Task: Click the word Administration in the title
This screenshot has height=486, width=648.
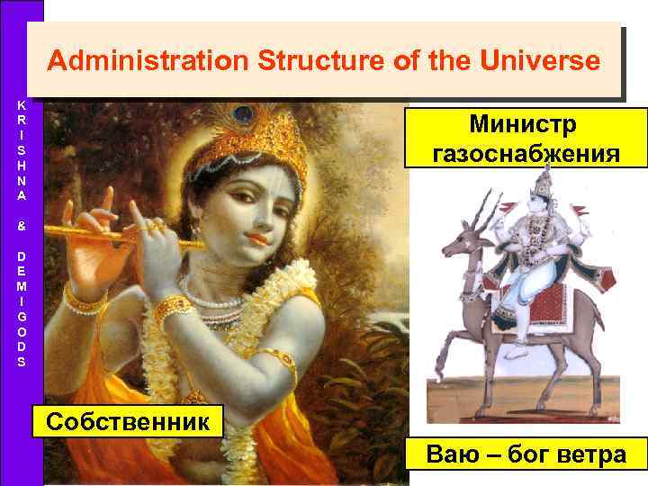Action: click(148, 61)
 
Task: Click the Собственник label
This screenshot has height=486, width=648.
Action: click(125, 422)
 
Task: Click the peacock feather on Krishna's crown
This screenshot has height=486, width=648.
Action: click(241, 115)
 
